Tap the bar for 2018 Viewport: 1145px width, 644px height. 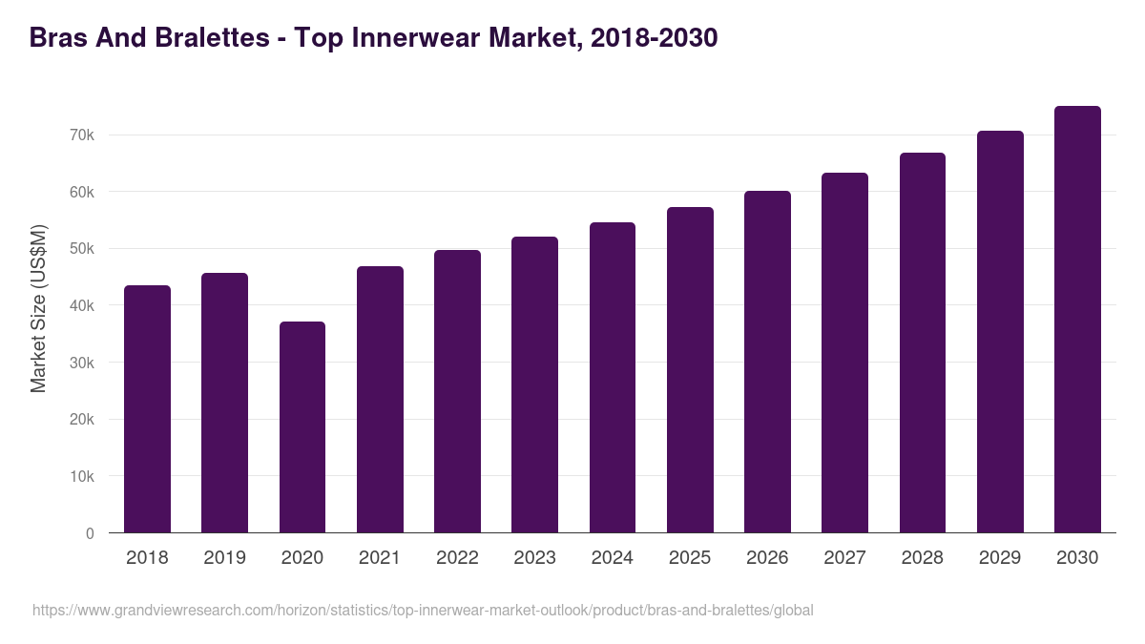147,409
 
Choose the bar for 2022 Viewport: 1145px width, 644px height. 457,391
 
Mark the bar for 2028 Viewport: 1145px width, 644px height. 923,343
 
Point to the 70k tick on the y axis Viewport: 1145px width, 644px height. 82,135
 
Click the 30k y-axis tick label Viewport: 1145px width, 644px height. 82,363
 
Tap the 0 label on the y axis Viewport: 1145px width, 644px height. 90,533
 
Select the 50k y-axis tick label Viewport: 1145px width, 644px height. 82,249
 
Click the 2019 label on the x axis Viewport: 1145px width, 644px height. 224,558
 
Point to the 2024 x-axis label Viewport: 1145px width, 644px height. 612,558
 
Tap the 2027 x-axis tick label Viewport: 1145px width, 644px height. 844,558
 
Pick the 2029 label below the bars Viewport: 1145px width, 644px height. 1000,558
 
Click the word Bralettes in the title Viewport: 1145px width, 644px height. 200,38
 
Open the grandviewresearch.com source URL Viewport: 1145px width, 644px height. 423,611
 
